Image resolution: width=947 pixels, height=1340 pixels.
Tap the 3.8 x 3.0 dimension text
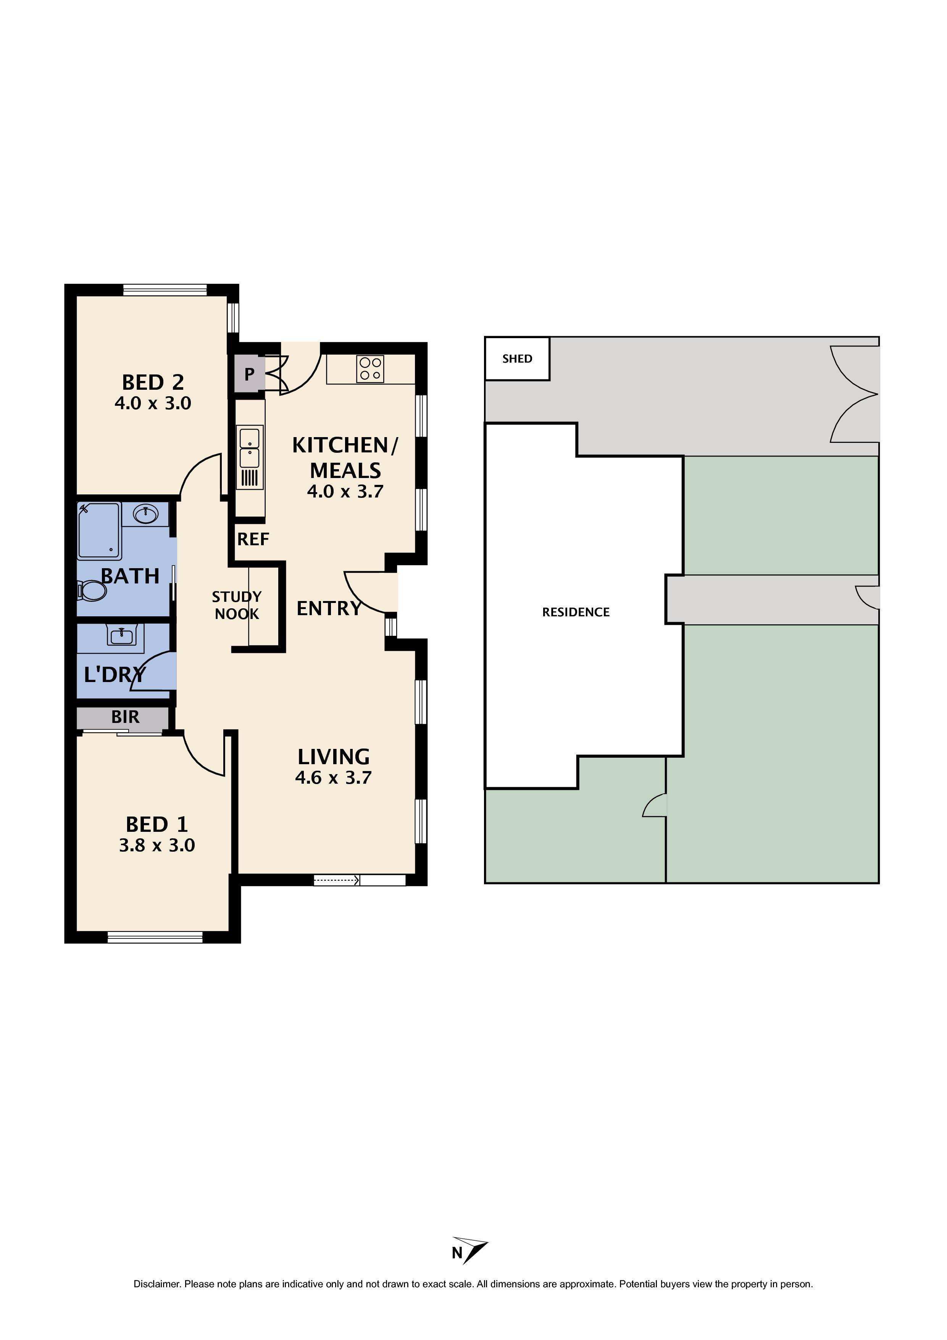coord(157,845)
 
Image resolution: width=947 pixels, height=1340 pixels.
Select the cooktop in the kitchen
coord(370,369)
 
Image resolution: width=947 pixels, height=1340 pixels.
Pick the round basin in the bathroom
coord(145,514)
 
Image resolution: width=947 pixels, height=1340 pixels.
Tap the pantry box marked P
coord(249,374)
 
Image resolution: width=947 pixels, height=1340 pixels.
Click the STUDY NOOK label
coord(236,605)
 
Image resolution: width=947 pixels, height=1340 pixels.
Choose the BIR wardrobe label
coord(125,717)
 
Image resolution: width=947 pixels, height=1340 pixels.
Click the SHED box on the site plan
coord(517,359)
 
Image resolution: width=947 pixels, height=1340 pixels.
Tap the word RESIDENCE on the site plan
coord(576,612)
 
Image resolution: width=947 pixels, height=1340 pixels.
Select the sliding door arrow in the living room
coord(336,880)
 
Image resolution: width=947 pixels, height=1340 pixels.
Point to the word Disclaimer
coord(157,1284)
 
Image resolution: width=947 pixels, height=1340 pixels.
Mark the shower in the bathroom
coord(99,530)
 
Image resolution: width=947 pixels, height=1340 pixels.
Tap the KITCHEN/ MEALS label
coord(345,458)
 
